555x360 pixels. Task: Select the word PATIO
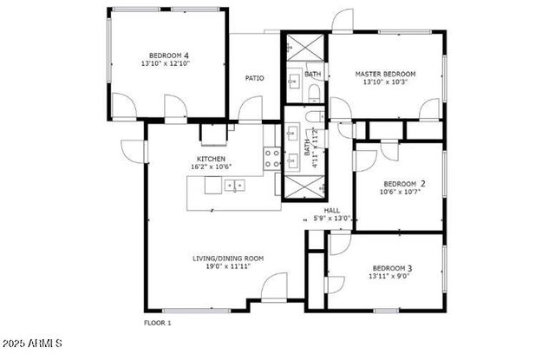point(254,78)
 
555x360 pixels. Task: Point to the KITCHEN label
point(211,159)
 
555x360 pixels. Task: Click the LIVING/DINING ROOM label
point(228,258)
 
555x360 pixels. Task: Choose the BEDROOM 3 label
point(391,267)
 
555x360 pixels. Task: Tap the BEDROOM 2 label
point(404,183)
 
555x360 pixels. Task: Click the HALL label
point(331,210)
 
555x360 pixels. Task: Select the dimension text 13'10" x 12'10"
point(165,63)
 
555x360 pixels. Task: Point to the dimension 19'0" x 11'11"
point(228,266)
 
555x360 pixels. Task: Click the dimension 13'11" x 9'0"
point(391,276)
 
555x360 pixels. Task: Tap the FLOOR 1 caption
point(157,323)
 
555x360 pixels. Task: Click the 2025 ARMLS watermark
point(32,345)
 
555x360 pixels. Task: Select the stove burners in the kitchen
point(271,157)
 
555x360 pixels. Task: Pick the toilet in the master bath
point(314,92)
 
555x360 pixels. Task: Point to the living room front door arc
point(276,286)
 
